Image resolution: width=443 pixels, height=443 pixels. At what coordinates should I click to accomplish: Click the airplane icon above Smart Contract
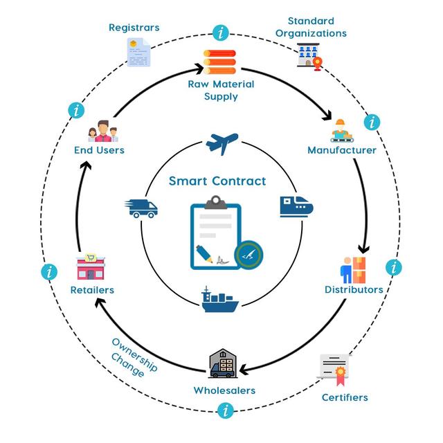point(222,143)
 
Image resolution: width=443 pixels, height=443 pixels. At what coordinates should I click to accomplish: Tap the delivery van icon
point(141,208)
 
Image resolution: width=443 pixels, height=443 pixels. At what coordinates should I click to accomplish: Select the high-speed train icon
point(296,207)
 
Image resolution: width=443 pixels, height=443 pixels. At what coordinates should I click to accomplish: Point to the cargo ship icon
point(220,300)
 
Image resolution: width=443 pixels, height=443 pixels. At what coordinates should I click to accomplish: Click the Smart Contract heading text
point(217,181)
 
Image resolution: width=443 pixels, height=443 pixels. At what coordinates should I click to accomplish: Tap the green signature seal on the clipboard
point(249,255)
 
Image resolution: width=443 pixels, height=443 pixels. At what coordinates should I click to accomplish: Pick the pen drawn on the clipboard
point(204,254)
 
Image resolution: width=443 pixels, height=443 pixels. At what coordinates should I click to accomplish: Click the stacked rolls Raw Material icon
point(219,62)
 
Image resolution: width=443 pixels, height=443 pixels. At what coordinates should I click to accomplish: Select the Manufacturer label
point(342,150)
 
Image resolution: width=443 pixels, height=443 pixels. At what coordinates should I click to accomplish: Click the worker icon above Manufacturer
point(341,131)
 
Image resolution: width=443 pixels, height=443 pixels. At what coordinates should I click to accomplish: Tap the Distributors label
point(354,289)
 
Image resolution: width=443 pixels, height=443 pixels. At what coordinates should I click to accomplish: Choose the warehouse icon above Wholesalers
point(223,363)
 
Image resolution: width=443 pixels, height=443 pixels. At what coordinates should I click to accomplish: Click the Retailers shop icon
point(91,266)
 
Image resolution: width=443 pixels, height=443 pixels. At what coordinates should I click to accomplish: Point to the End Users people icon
point(103,131)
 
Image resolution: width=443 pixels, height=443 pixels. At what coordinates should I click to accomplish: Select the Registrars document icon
point(138,53)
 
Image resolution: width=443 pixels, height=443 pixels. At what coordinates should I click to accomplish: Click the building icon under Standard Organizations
point(309,56)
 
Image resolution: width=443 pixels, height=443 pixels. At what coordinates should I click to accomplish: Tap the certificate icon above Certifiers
point(334,370)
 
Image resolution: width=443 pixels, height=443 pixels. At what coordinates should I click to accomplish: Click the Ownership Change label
point(134,357)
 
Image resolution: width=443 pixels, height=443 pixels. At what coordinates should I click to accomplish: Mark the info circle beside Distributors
point(394,267)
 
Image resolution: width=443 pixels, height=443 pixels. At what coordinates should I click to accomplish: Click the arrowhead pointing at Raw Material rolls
point(199,69)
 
